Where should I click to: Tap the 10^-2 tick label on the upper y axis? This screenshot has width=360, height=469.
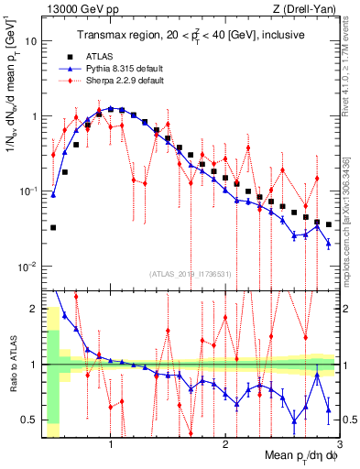tap(28, 267)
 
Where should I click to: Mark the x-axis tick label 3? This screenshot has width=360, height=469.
tap(339, 445)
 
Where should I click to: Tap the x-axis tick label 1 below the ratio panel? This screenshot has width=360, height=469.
tap(111, 445)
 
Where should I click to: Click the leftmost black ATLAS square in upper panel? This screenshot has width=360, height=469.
tap(53, 227)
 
